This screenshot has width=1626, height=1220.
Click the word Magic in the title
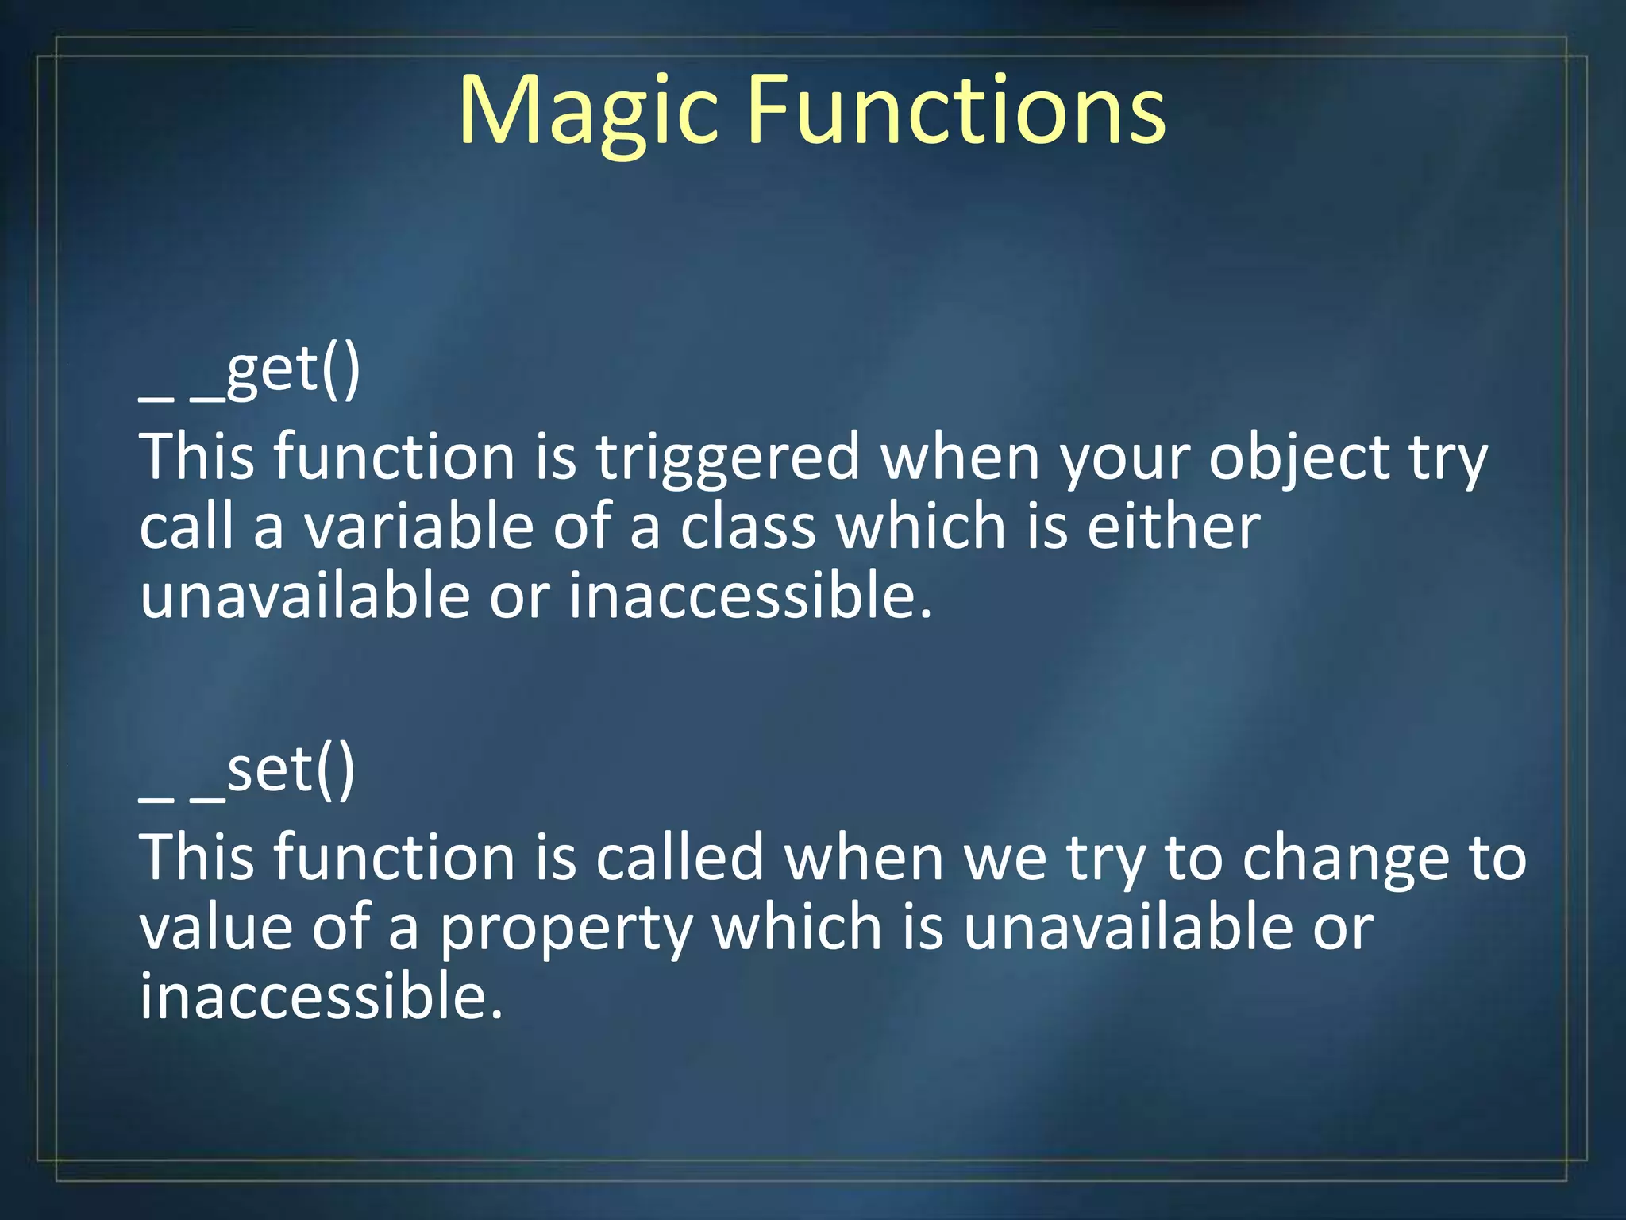(x=588, y=111)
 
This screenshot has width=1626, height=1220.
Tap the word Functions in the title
(x=957, y=111)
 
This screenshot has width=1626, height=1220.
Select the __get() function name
(x=250, y=373)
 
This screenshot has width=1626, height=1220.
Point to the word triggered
(x=728, y=459)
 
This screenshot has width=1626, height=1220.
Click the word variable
(x=419, y=527)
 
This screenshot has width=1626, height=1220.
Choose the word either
(x=1173, y=527)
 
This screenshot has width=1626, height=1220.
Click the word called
(x=680, y=859)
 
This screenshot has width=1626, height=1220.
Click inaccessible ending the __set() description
(x=322, y=998)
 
